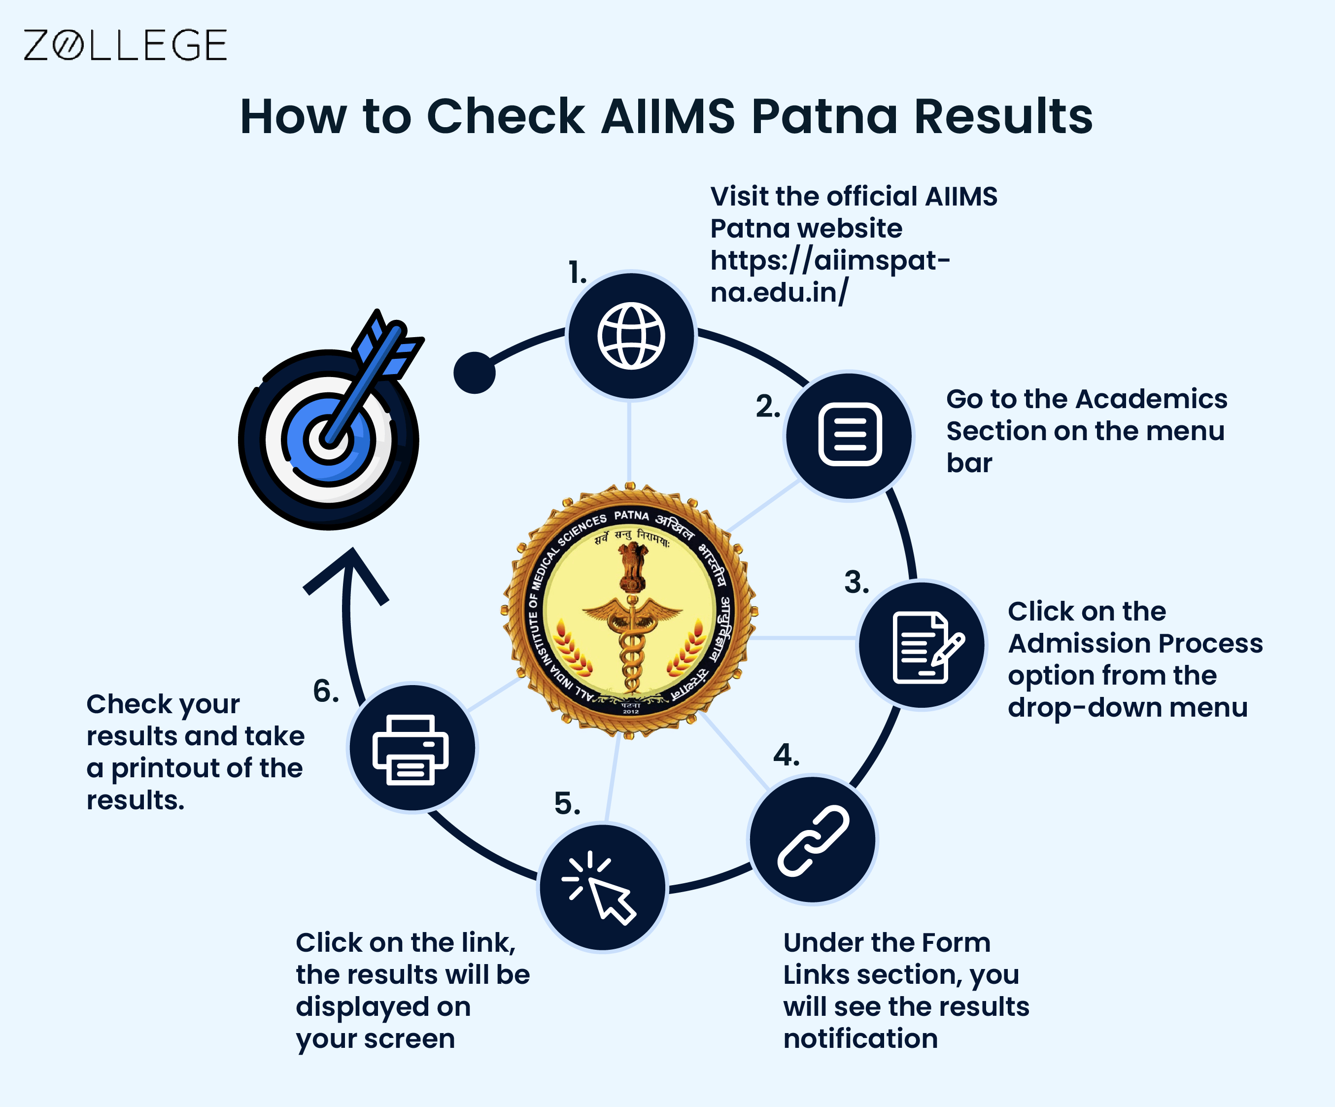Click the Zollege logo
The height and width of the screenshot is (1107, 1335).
coord(125,45)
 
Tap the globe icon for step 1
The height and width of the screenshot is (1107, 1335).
coord(631,336)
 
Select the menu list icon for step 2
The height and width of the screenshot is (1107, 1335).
coord(850,435)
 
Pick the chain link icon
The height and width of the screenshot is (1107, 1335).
coord(813,840)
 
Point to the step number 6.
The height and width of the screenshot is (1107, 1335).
coord(325,691)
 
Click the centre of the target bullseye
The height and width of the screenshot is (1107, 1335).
coord(328,439)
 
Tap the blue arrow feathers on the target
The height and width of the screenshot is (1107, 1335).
coord(387,344)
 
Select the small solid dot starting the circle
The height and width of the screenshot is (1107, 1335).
coord(474,373)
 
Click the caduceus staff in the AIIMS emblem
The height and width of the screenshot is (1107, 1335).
coord(631,642)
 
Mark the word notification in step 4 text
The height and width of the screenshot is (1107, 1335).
coord(860,1038)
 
